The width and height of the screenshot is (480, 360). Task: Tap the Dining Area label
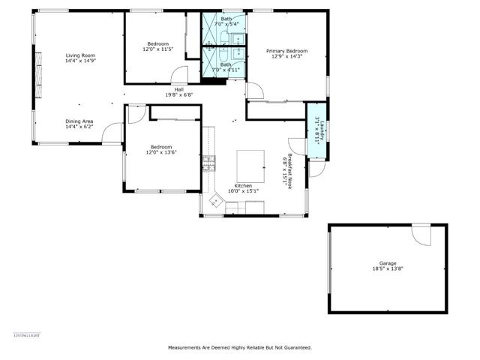pyautogui.click(x=79, y=121)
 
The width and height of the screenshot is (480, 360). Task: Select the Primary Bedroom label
pyautogui.click(x=287, y=51)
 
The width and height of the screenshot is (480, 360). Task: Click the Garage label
pyautogui.click(x=387, y=263)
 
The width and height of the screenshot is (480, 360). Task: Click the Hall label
pyautogui.click(x=179, y=89)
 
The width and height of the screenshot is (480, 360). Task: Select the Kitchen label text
pyautogui.click(x=244, y=185)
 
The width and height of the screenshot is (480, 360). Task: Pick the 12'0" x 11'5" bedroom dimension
pyautogui.click(x=158, y=49)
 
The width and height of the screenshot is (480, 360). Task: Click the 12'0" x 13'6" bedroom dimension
pyautogui.click(x=161, y=152)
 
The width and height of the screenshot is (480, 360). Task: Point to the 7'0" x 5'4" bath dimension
pyautogui.click(x=226, y=24)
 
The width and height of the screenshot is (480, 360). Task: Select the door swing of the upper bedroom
pyautogui.click(x=179, y=75)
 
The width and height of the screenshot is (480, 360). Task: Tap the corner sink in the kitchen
pyautogui.click(x=216, y=200)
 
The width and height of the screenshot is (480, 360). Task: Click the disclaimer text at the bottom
pyautogui.click(x=239, y=347)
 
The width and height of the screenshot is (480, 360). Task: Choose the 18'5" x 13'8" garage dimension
pyautogui.click(x=387, y=268)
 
